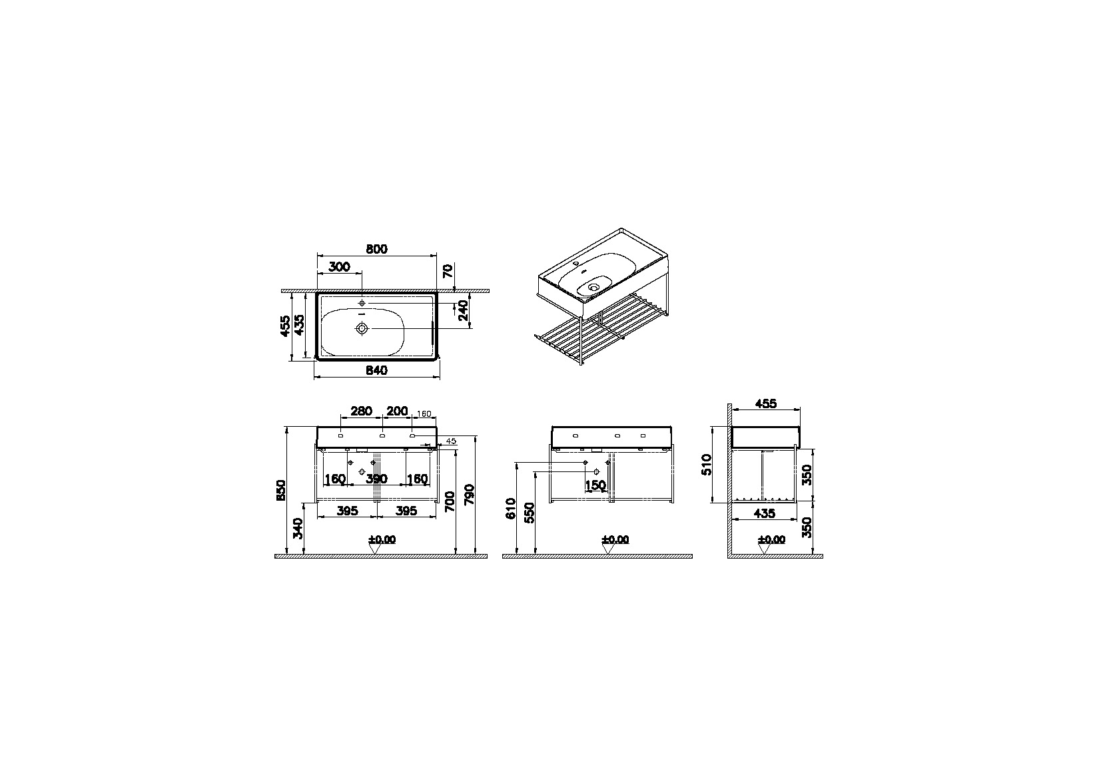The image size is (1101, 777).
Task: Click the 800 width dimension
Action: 376,249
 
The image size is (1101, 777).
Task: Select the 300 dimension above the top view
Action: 339,266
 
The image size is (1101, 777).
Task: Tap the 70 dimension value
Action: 448,271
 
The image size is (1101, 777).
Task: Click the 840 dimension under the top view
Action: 376,371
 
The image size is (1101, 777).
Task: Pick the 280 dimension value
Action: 361,411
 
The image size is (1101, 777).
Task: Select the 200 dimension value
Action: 397,411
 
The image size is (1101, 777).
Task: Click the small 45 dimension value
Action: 450,441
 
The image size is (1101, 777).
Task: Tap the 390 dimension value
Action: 376,479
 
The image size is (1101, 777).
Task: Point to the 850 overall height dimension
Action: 281,490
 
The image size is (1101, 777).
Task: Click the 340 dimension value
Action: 298,529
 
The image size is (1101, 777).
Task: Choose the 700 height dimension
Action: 450,501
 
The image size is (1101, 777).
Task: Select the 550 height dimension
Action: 530,513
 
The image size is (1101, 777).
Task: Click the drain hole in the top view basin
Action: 362,328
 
